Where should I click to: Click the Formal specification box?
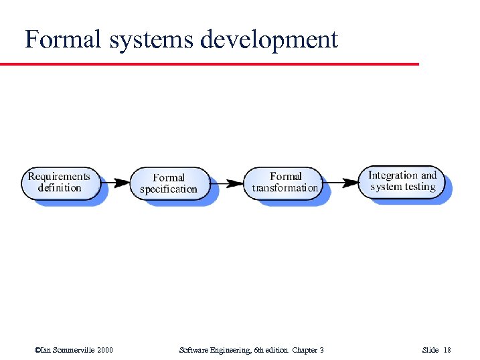169,183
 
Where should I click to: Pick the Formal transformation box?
285,183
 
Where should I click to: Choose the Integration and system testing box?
402,181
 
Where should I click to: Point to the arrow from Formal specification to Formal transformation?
227,182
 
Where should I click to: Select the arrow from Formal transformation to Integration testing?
341,181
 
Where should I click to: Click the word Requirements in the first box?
59,177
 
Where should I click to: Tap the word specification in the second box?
169,189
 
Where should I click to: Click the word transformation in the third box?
285,188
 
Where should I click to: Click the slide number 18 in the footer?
448,350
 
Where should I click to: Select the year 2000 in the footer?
105,350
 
